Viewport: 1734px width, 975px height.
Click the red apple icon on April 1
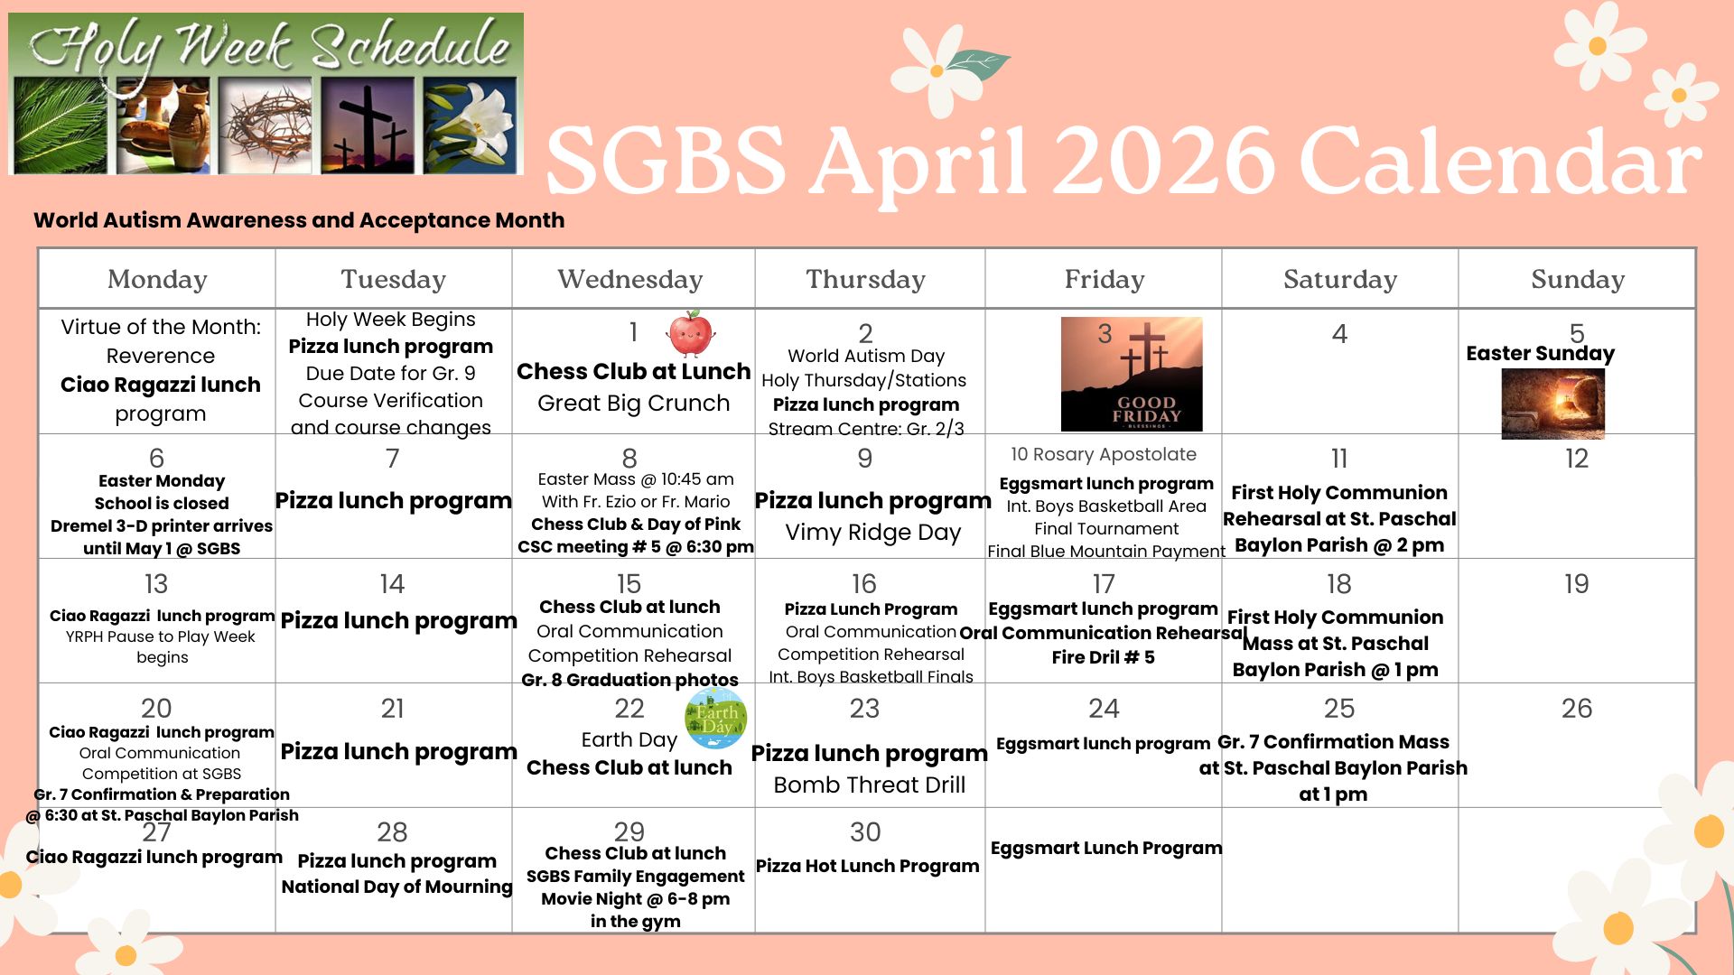[x=691, y=334]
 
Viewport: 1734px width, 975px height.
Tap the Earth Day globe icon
[x=716, y=719]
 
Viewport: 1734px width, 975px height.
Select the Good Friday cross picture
[x=1132, y=374]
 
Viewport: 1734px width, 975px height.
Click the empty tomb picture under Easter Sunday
[x=1552, y=404]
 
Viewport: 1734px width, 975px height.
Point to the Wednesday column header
[x=630, y=279]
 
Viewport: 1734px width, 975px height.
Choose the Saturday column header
[x=1340, y=279]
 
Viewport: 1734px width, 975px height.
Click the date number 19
[x=1577, y=584]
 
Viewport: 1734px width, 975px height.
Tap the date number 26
[x=1577, y=709]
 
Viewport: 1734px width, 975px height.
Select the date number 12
[x=1577, y=459]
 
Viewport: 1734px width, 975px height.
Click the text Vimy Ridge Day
[x=873, y=533]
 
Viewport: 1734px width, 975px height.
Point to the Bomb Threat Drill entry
[x=870, y=785]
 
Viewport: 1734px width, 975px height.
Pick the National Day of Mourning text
[x=397, y=887]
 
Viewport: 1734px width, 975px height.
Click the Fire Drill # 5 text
[x=1103, y=657]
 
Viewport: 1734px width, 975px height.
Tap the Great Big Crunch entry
[x=633, y=403]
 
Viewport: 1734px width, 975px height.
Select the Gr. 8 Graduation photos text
[x=629, y=680]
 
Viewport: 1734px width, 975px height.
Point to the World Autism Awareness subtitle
[x=299, y=220]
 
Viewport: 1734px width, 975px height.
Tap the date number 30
[x=865, y=832]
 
